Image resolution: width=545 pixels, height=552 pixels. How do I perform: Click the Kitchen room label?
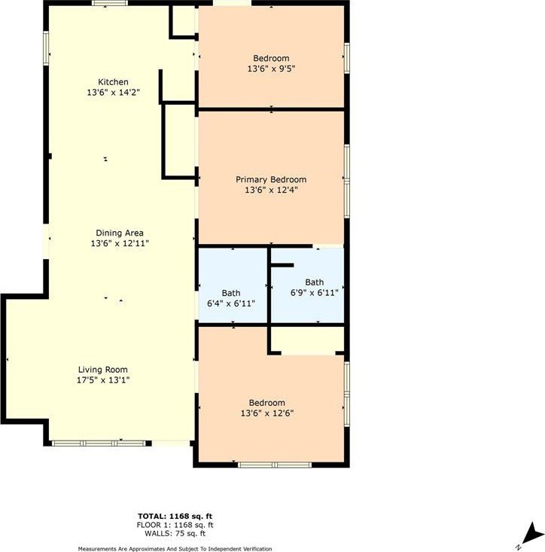pos(113,82)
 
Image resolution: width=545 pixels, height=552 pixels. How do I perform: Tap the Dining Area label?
pos(120,233)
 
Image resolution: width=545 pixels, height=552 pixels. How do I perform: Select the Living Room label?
pos(102,370)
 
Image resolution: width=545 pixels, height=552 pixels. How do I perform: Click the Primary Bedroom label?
pos(271,179)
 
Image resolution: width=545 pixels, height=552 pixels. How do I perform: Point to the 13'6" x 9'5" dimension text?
pos(271,69)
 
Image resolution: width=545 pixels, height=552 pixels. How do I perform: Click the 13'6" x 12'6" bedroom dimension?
pos(267,413)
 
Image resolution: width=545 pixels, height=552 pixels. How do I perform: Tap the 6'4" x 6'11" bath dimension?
pos(231,303)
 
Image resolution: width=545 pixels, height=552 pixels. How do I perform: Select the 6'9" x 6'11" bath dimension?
pos(314,292)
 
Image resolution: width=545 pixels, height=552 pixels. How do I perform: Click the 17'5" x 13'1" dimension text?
pos(103,380)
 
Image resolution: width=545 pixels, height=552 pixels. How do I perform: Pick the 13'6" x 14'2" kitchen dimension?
pos(114,93)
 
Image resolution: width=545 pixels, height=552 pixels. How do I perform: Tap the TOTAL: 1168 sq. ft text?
pos(175,517)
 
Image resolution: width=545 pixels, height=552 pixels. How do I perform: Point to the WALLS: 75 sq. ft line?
pos(175,533)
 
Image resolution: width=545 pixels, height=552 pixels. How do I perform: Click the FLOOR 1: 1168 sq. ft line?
pos(175,525)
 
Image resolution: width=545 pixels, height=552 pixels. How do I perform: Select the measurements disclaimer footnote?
pos(175,549)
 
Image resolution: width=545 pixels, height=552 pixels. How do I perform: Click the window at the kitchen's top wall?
pos(110,3)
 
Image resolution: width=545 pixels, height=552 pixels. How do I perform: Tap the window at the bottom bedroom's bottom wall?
pos(275,465)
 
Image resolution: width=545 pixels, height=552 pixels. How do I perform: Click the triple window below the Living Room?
pos(99,444)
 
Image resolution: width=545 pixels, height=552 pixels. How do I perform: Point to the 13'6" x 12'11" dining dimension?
pos(120,243)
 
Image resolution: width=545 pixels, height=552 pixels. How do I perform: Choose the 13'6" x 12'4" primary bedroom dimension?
pos(271,190)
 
